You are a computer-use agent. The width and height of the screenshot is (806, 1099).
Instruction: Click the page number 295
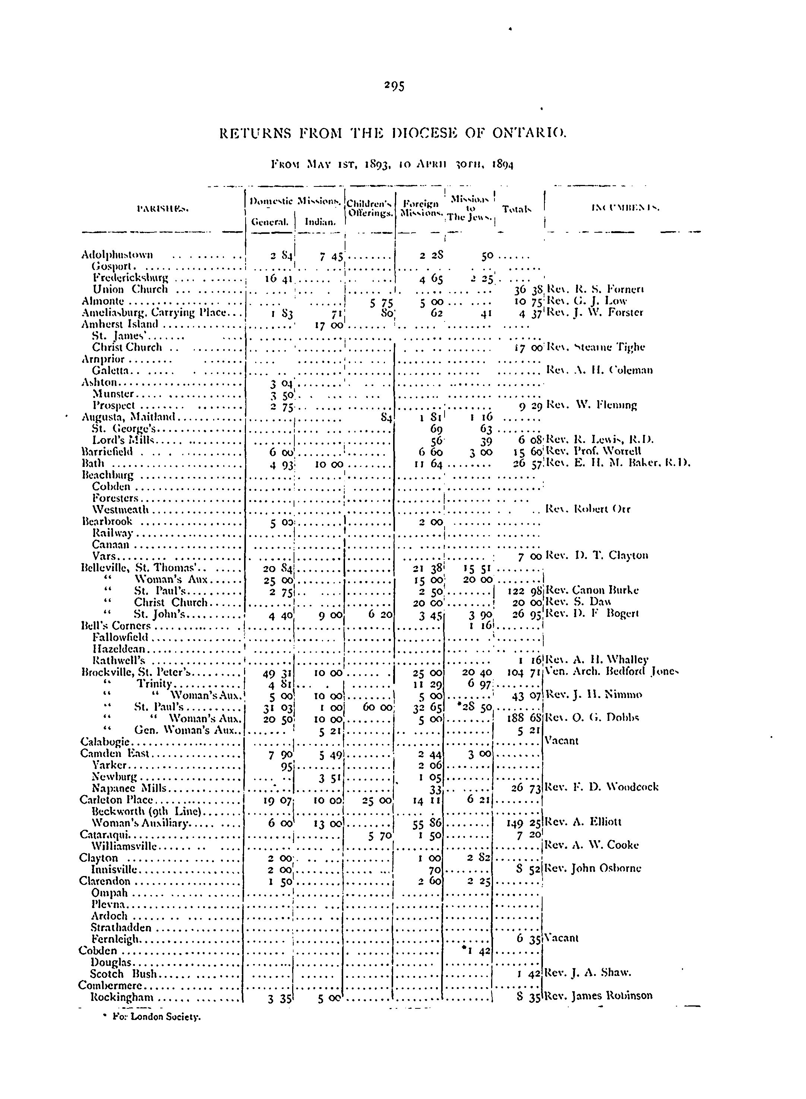394,86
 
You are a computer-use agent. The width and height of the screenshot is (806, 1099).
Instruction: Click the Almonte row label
103,301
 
